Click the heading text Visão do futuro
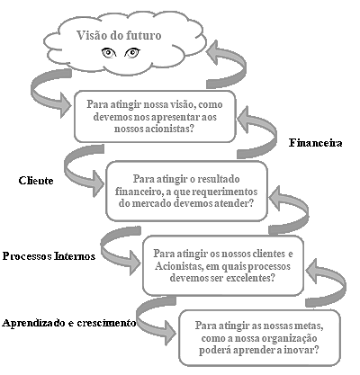(119, 35)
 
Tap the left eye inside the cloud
(109, 53)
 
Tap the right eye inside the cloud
(132, 53)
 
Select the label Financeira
(316, 143)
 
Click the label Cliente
(36, 181)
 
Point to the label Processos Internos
(49, 256)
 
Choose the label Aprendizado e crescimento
(69, 323)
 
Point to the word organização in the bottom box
(289, 339)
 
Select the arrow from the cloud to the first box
(50, 92)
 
